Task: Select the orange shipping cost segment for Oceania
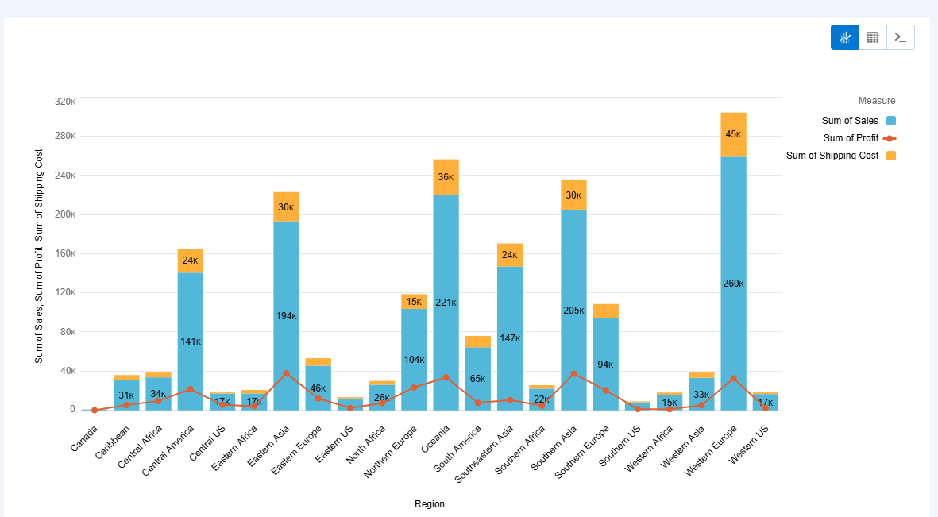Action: coord(446,177)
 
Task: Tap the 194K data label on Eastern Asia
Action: coord(286,316)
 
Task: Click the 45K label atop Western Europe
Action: coord(733,134)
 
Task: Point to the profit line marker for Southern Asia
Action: coord(573,373)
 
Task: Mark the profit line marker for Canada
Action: coord(95,410)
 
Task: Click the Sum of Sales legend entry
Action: coord(850,121)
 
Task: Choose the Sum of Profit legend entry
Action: coord(851,138)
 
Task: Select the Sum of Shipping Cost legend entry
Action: coord(832,156)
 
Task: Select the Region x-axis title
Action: coord(430,504)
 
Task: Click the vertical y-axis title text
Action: coord(39,255)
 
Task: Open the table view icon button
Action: coord(872,37)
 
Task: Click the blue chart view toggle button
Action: coord(844,37)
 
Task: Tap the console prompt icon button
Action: coord(900,37)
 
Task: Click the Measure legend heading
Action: coord(876,101)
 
